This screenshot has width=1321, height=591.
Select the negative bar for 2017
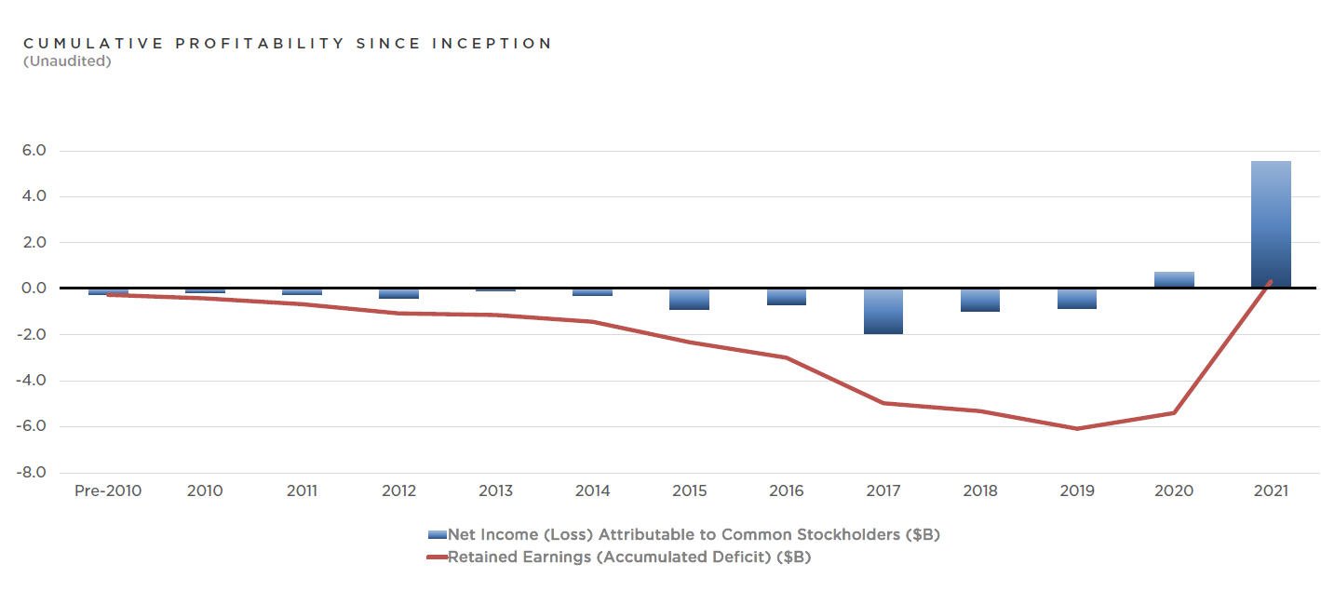tap(883, 311)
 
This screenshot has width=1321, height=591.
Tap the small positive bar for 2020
tap(1174, 279)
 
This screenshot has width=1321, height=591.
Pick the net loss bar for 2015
tap(690, 299)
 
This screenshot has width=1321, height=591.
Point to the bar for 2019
tap(1077, 299)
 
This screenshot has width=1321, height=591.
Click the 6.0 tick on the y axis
tap(33, 151)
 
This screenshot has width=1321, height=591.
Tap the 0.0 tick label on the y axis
tap(33, 289)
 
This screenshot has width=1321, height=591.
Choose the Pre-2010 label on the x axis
tap(108, 490)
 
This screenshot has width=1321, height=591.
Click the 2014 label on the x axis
tap(593, 490)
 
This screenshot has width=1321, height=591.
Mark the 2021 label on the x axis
tap(1271, 490)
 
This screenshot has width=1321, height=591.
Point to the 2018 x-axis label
tap(980, 490)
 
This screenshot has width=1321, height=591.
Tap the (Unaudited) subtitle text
tap(67, 61)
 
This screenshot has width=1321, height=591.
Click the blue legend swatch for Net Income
tap(437, 535)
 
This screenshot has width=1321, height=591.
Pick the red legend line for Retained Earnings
tap(437, 557)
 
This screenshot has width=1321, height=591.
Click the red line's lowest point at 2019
tap(1077, 428)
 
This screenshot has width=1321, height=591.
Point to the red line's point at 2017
tap(883, 403)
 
